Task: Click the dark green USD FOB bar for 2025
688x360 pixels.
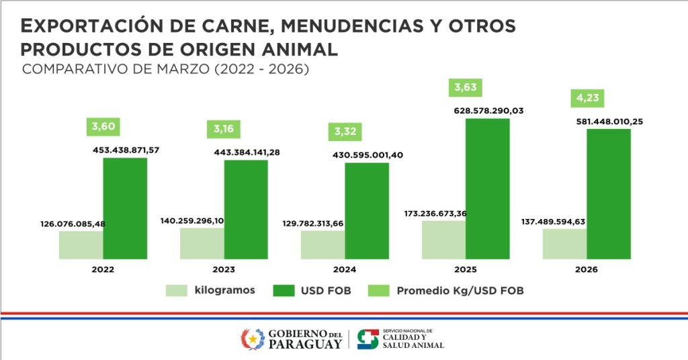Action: [x=487, y=189]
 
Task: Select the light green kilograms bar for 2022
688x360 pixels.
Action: [x=81, y=245]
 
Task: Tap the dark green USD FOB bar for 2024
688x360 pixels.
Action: [x=367, y=211]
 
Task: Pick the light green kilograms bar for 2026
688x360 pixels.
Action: [x=564, y=244]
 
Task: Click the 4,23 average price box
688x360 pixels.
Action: [x=588, y=99]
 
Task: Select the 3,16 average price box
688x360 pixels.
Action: [x=224, y=129]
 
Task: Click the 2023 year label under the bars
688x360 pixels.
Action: [x=224, y=269]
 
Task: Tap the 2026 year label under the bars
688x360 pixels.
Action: [x=587, y=269]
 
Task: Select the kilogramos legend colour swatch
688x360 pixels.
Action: [x=177, y=291]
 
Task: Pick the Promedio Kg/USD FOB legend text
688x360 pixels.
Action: [x=460, y=291]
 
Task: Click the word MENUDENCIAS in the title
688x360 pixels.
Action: [x=349, y=26]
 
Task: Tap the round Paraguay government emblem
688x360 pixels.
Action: [x=252, y=339]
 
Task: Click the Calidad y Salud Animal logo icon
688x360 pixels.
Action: [x=368, y=339]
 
